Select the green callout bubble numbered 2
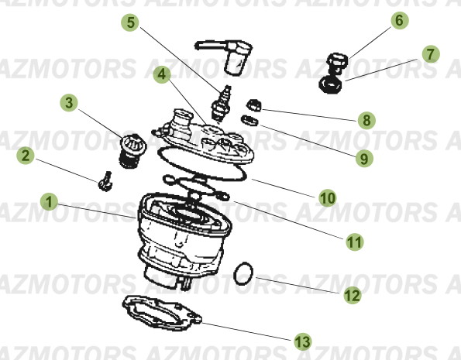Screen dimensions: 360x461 (26, 156)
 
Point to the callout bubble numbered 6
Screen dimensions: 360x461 (399, 21)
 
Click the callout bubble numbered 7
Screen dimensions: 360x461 (429, 54)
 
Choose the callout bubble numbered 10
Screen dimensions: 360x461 (328, 198)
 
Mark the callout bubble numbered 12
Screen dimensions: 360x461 (353, 295)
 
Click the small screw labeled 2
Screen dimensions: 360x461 (106, 182)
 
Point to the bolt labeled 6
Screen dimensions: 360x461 (337, 60)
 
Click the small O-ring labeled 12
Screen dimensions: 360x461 (244, 273)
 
